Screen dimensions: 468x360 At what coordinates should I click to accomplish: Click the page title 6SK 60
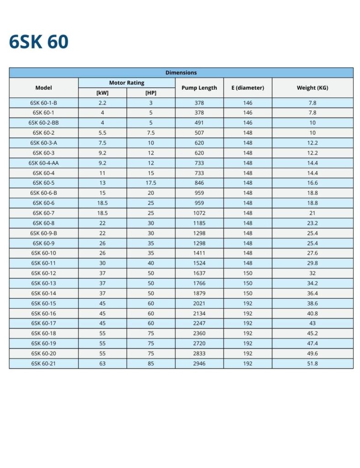[39, 42]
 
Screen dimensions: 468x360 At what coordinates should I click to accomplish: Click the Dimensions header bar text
[181, 73]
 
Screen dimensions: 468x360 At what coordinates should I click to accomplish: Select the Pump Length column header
[199, 88]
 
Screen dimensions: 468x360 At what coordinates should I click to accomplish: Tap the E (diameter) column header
[248, 88]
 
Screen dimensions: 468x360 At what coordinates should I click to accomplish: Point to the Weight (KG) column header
[312, 88]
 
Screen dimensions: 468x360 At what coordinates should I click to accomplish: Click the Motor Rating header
[127, 83]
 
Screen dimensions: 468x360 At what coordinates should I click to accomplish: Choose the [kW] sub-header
[102, 93]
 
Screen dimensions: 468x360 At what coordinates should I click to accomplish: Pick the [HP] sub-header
[151, 93]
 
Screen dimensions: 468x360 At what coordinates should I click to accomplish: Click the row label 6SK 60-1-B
[44, 103]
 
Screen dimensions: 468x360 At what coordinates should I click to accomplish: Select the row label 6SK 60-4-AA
[44, 163]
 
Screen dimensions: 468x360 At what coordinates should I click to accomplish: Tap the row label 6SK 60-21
[44, 364]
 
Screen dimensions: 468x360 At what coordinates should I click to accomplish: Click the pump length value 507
[199, 133]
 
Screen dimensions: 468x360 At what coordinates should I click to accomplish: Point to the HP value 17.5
[151, 183]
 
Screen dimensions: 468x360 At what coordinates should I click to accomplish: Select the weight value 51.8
[312, 364]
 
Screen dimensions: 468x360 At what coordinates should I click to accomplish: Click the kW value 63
[102, 364]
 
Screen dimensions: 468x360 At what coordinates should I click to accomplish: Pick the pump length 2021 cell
[199, 303]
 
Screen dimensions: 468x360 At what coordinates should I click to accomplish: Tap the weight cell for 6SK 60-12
[312, 273]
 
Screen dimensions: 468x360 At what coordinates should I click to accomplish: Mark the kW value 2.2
[102, 103]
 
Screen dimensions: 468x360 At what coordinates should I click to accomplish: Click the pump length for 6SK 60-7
[199, 213]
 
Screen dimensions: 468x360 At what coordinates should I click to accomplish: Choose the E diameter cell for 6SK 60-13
[248, 283]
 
